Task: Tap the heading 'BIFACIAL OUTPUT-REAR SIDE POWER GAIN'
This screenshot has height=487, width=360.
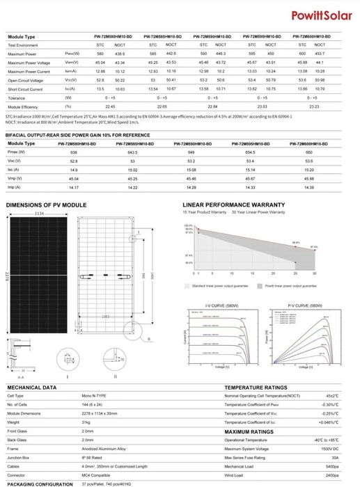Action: point(77,134)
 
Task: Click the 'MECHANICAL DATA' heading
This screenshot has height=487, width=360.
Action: point(31,386)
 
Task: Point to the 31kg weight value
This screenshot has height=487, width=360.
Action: point(87,422)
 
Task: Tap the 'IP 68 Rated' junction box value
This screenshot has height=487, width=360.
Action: point(94,457)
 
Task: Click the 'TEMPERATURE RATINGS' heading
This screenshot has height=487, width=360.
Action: point(256,386)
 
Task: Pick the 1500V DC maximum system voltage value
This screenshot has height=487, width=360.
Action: point(327,449)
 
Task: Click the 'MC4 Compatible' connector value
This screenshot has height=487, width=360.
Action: point(97,474)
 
